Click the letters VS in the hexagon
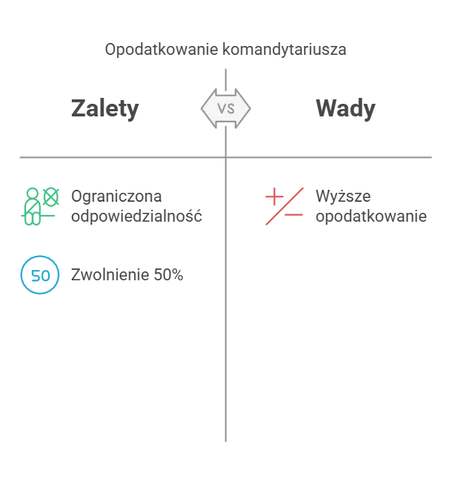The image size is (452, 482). (225, 109)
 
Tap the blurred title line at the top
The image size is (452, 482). (225, 51)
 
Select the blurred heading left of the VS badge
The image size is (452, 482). (106, 109)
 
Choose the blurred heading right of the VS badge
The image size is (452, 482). (346, 109)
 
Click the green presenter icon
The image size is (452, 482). (39, 206)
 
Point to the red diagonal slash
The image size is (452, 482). (284, 207)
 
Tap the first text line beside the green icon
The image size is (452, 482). (119, 196)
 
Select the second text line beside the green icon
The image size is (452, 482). (139, 217)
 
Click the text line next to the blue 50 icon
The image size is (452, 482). (127, 277)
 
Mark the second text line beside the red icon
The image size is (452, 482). (370, 217)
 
